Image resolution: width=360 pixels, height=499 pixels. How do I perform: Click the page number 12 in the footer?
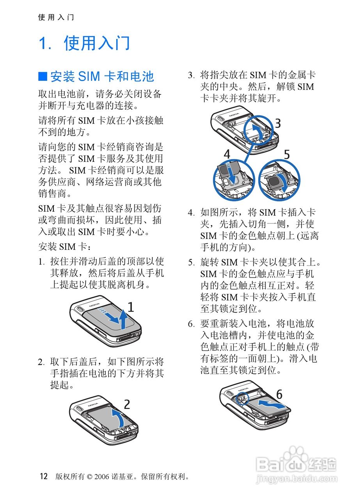[44, 476]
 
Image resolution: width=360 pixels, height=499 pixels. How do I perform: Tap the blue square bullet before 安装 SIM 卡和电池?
[43, 76]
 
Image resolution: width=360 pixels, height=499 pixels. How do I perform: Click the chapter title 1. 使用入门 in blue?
[84, 43]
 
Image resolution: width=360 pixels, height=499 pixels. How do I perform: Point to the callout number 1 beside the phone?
[131, 307]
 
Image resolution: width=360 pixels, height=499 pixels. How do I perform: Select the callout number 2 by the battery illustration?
[127, 404]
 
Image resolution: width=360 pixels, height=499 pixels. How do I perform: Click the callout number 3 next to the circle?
[278, 123]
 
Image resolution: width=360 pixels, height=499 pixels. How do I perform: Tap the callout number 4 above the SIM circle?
[227, 154]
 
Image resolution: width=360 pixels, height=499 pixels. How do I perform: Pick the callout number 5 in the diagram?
[287, 154]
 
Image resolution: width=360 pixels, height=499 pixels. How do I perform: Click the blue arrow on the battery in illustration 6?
[271, 403]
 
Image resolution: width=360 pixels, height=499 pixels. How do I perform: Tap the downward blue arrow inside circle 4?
[232, 175]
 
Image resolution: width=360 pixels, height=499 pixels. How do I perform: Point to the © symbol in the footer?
[89, 477]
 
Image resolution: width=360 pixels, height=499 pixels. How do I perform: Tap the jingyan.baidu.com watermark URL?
[296, 478]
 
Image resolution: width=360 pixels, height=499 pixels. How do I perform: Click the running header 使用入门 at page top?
[56, 17]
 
